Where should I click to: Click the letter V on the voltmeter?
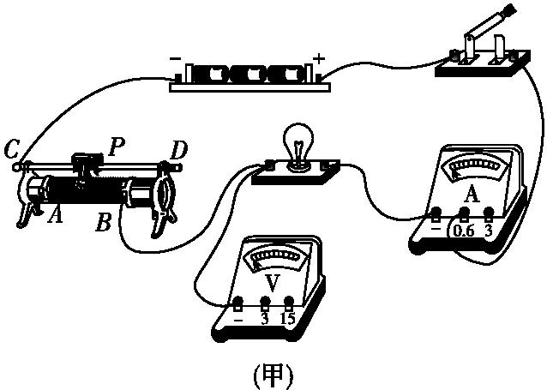click(271, 281)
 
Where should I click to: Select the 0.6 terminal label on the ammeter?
click(464, 231)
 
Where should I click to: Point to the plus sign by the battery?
click(321, 59)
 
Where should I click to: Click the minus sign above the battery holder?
click(175, 62)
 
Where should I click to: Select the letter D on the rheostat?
click(178, 151)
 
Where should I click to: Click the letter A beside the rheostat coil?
click(55, 214)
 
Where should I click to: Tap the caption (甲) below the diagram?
click(273, 374)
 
